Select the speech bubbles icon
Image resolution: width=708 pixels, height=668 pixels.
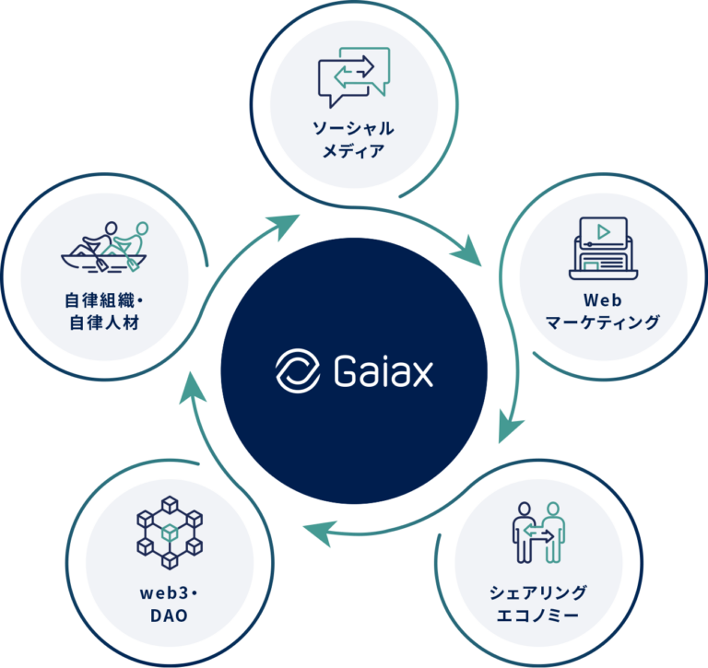(x=354, y=73)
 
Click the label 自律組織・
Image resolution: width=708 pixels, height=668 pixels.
(x=103, y=300)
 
